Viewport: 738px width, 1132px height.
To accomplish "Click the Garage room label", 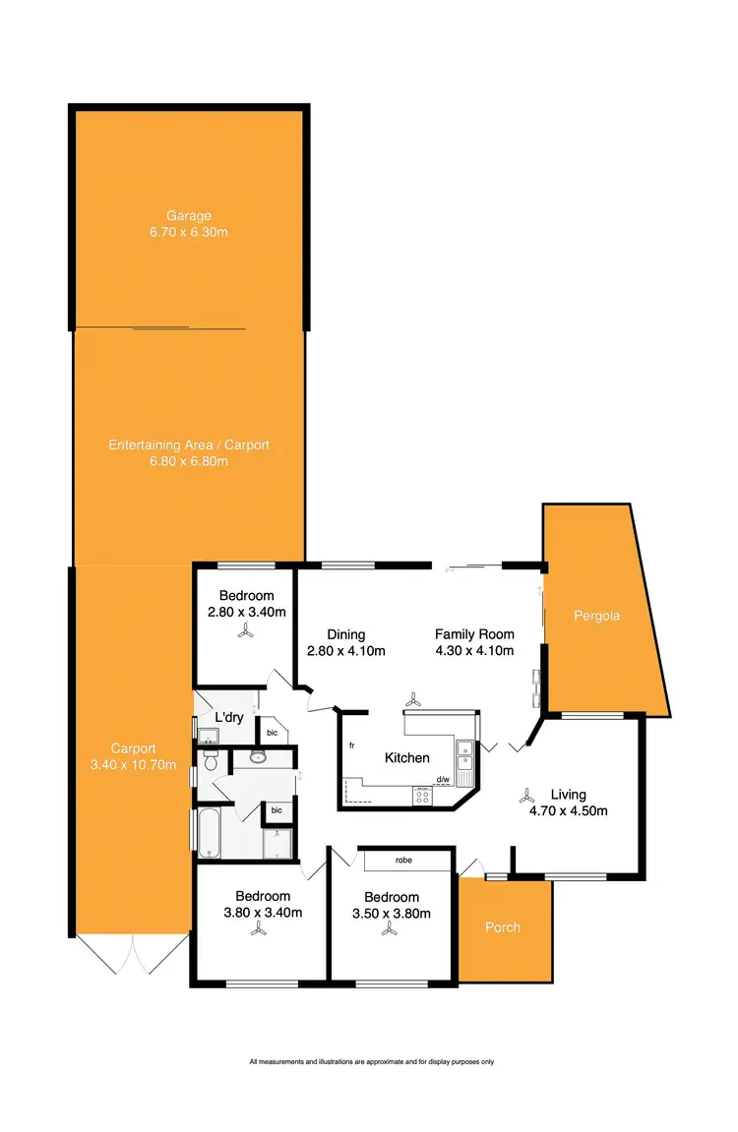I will (188, 216).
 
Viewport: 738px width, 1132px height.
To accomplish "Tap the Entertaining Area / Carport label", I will (188, 446).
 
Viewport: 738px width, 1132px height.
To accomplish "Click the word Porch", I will (503, 927).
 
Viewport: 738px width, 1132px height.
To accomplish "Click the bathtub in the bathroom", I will (211, 833).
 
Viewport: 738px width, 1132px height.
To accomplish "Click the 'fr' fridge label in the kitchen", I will (350, 745).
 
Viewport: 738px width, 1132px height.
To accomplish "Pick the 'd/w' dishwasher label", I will (443, 780).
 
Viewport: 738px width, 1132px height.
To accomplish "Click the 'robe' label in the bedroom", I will (403, 860).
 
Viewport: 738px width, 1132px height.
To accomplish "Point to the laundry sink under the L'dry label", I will (209, 735).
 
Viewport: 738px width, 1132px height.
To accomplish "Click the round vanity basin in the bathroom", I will (258, 757).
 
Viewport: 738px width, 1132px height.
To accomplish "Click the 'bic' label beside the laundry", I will (272, 733).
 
